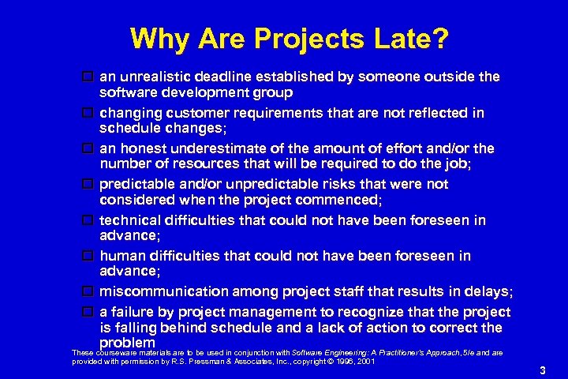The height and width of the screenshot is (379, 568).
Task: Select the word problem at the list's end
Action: (127, 343)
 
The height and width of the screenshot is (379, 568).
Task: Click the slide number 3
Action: (542, 370)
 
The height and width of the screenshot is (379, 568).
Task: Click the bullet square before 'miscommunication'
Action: (88, 292)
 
